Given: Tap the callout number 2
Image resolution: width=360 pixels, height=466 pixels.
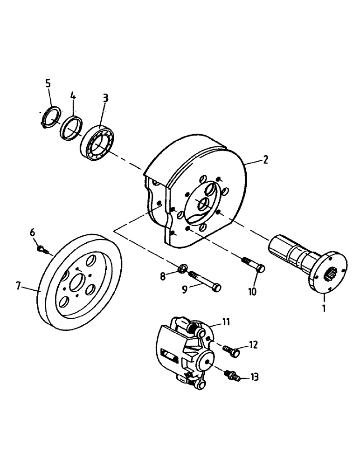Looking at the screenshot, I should click(x=265, y=160).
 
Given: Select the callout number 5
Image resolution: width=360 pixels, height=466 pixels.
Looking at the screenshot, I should click(x=48, y=83).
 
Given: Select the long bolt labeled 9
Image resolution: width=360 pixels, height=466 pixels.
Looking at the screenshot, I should click(x=206, y=281).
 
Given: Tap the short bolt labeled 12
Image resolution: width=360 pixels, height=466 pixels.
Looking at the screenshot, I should click(x=232, y=350).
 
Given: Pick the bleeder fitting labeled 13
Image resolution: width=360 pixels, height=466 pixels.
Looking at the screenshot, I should click(x=232, y=375).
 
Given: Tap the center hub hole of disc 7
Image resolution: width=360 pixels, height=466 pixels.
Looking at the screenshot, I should click(x=77, y=282).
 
